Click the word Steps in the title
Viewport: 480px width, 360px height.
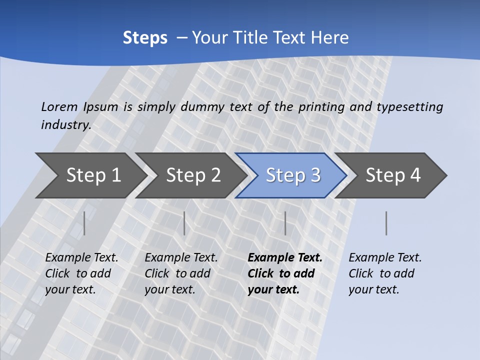pyautogui.click(x=145, y=37)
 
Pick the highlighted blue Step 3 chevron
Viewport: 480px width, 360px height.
pyautogui.click(x=293, y=175)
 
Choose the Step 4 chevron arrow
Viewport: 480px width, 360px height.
pyautogui.click(x=393, y=175)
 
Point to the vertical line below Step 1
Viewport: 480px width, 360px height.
pyautogui.click(x=84, y=223)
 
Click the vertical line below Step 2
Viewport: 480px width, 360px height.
pyautogui.click(x=184, y=223)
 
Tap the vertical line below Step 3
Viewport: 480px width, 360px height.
pyautogui.click(x=285, y=223)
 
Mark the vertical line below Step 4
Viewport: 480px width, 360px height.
pyautogui.click(x=386, y=223)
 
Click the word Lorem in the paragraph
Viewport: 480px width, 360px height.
pyautogui.click(x=59, y=106)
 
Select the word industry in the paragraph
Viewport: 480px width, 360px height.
pyautogui.click(x=65, y=124)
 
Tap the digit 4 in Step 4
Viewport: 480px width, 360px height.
pyautogui.click(x=415, y=175)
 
